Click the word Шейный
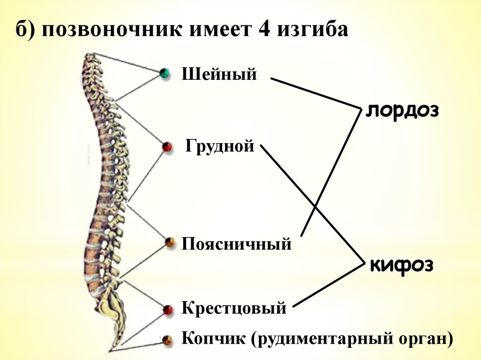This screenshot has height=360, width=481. click(x=219, y=74)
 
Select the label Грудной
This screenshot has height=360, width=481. click(x=219, y=146)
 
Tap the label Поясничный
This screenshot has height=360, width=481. click(x=237, y=244)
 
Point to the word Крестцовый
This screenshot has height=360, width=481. click(x=234, y=308)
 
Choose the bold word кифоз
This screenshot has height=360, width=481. click(x=401, y=265)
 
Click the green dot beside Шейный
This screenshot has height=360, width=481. click(x=164, y=73)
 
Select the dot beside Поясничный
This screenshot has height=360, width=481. click(x=170, y=243)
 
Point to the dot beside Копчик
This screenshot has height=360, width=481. click(x=167, y=340)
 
